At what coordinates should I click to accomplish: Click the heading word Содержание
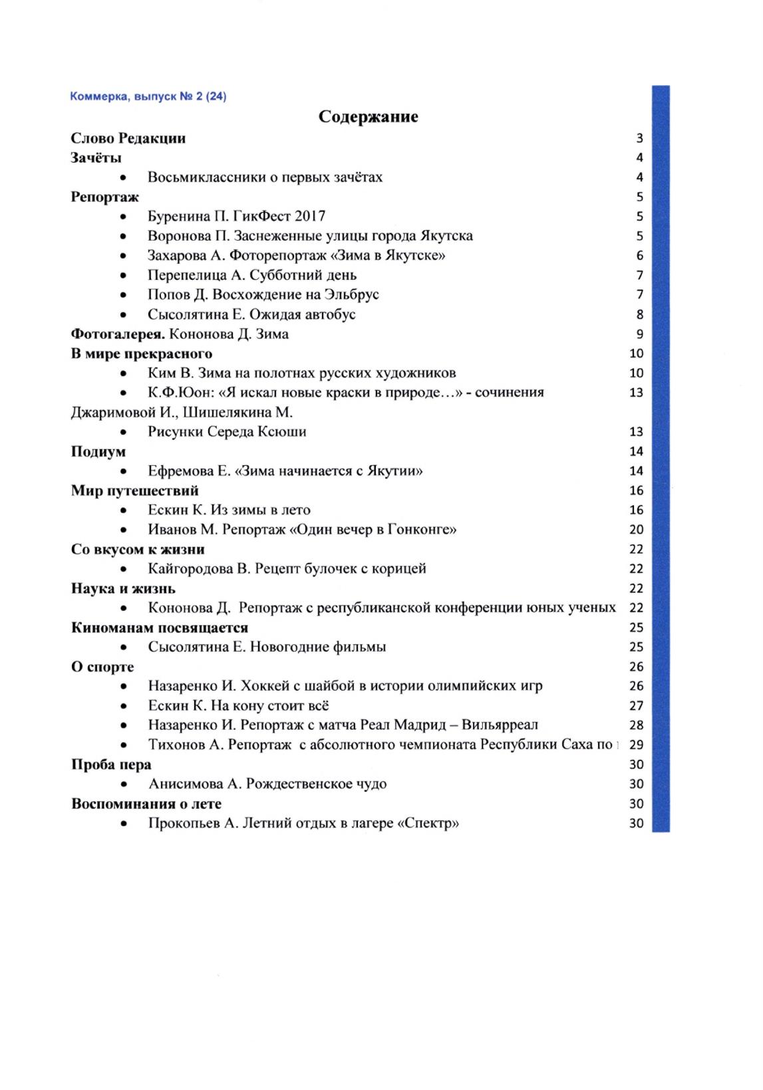pos(368,117)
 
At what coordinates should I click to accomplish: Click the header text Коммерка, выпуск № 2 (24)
pos(148,96)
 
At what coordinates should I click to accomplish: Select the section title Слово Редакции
pos(128,138)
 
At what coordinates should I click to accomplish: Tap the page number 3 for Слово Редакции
pos(639,139)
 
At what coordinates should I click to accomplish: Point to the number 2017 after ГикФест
pos(308,216)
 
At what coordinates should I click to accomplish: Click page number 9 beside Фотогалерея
pos(639,334)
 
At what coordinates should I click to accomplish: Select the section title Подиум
pos(98,451)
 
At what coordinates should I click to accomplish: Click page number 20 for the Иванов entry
pos(636,530)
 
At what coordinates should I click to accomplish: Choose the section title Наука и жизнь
pos(123,588)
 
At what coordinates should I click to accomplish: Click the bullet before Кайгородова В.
pos(124,570)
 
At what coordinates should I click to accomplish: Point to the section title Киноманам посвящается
pos(160,627)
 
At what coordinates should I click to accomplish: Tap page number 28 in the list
pos(636,725)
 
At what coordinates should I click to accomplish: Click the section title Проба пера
pos(111,764)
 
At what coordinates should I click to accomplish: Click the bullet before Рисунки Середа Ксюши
pos(124,433)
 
